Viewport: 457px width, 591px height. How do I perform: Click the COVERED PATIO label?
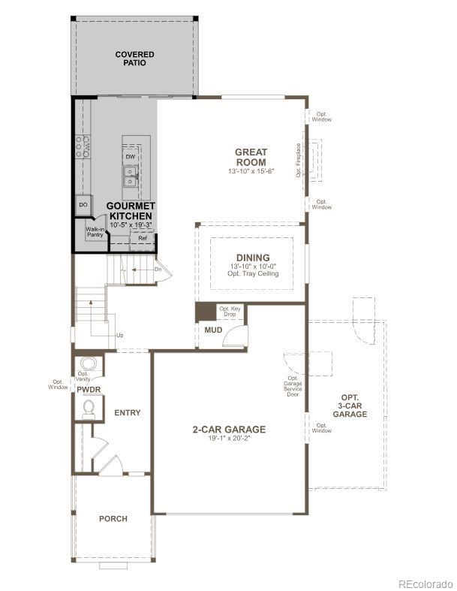(134, 59)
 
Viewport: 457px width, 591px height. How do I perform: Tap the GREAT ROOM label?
(251, 157)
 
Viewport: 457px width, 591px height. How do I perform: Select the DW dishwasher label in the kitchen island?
(131, 156)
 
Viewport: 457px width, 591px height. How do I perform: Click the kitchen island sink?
(131, 177)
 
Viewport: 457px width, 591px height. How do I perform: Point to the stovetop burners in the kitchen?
(82, 146)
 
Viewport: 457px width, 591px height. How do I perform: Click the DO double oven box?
(83, 204)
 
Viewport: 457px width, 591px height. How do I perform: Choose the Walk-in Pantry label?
(95, 233)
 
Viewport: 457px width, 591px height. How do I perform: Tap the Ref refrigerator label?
(142, 238)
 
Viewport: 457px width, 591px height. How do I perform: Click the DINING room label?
(252, 258)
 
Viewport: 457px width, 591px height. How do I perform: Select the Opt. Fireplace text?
(298, 160)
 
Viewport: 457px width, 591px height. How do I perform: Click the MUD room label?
(212, 328)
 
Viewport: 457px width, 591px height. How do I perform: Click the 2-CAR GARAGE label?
(229, 430)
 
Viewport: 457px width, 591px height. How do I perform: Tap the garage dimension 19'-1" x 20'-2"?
(229, 439)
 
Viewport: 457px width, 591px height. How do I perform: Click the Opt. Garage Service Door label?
(292, 386)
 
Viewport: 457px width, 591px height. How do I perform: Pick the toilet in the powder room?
(89, 408)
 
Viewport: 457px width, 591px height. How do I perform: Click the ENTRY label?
(128, 412)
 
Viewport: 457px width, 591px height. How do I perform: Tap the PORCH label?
(113, 519)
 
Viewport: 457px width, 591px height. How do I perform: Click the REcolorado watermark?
(425, 583)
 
